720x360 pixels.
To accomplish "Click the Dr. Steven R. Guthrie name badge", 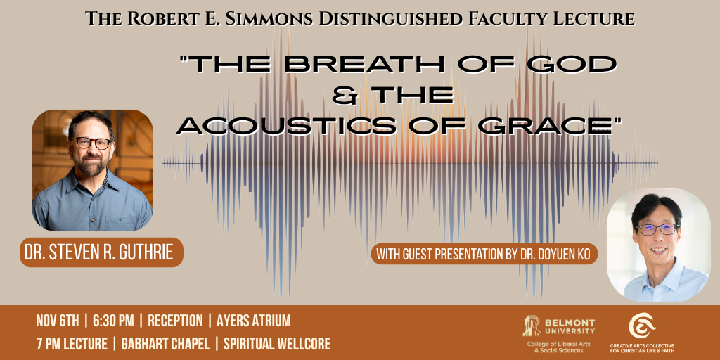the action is pos(101,252).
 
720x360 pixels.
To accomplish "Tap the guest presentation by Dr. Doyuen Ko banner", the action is pos(484,254).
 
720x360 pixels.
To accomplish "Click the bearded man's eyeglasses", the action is pos(91,143).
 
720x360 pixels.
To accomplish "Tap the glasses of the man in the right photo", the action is pos(656,229).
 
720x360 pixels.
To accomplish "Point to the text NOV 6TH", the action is pos(58,321).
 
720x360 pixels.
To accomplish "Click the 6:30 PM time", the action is pos(113,321).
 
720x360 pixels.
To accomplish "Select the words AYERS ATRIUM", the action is pos(253,321).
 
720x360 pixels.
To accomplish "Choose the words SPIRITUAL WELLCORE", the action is pos(277,344).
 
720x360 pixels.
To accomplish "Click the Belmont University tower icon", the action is pos(531,325).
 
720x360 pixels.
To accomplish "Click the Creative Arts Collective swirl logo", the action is pos(642,325).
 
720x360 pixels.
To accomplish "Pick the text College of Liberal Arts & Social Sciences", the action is pos(558,347).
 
